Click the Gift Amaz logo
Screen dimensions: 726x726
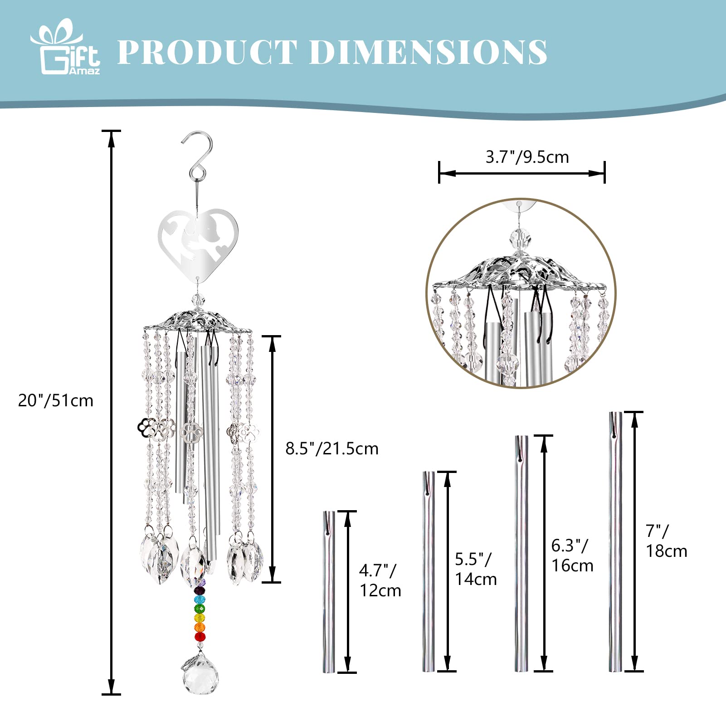click(x=65, y=47)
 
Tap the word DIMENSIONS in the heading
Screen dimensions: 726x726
click(x=429, y=52)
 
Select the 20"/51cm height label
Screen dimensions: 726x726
click(x=55, y=400)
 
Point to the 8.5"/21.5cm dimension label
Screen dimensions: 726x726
click(x=332, y=448)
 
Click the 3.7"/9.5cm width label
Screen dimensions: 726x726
click(x=527, y=157)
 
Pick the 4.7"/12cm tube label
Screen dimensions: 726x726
click(x=380, y=580)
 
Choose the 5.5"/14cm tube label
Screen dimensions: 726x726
click(x=476, y=569)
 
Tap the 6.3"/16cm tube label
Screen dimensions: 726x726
click(x=572, y=555)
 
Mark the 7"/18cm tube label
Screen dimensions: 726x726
click(x=666, y=541)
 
